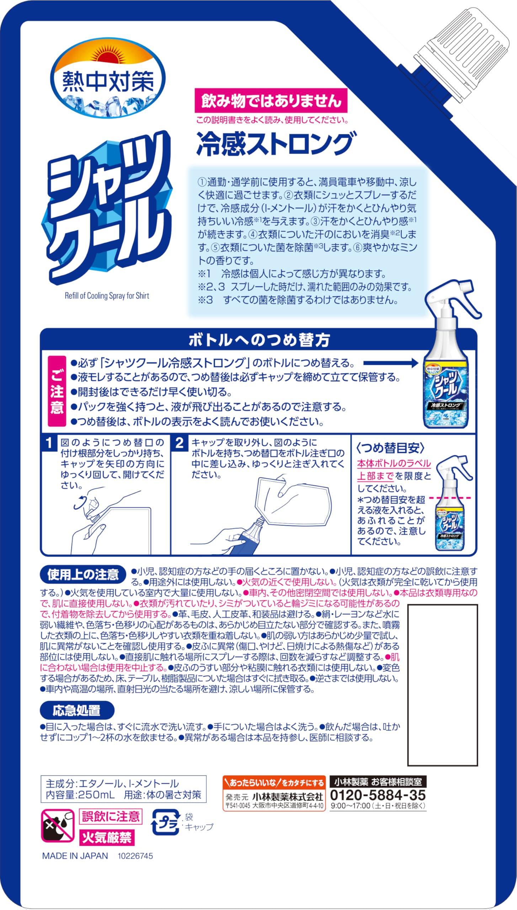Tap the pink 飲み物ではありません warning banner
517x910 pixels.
pyautogui.click(x=271, y=101)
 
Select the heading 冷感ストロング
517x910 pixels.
pyautogui.click(x=275, y=144)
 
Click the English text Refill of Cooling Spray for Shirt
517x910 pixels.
pyautogui.click(x=107, y=296)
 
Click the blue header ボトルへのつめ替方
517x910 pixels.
pyautogui.click(x=258, y=340)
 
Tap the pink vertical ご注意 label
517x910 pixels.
pyautogui.click(x=57, y=391)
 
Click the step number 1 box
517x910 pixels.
pyautogui.click(x=49, y=443)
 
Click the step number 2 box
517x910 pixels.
pyautogui.click(x=179, y=443)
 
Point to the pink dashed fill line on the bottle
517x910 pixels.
pyautogui.click(x=450, y=498)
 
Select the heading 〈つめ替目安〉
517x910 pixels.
pyautogui.click(x=390, y=448)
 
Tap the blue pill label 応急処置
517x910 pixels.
pyautogui.click(x=77, y=710)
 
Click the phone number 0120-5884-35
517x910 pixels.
pyautogui.click(x=378, y=795)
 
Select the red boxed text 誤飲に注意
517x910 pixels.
pyautogui.click(x=111, y=816)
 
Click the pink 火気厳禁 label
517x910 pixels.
pyautogui.click(x=107, y=838)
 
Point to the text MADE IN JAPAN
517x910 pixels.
pyautogui.click(x=75, y=856)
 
